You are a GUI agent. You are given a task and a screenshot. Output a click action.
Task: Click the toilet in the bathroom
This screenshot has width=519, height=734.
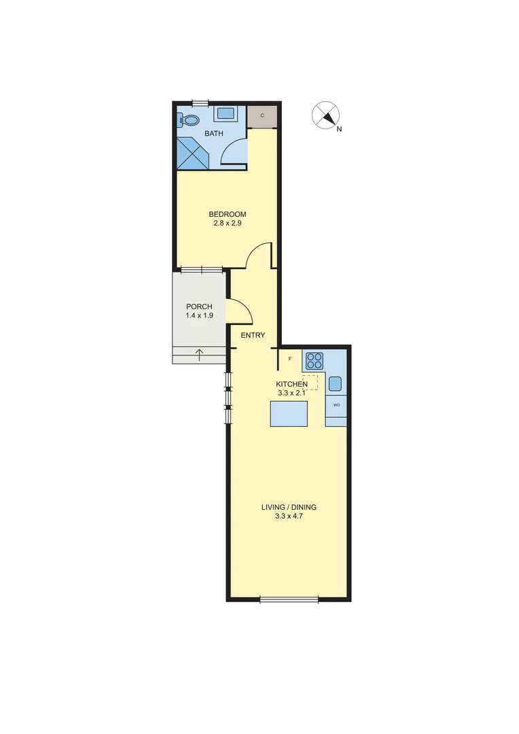189,120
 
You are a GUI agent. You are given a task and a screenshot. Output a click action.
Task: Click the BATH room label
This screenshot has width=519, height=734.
214,133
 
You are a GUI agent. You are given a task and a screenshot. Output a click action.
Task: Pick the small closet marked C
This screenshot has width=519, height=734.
262,116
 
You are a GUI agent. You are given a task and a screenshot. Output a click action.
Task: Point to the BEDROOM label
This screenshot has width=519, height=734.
227,214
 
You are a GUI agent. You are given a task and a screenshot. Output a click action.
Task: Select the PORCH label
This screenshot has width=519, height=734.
198,307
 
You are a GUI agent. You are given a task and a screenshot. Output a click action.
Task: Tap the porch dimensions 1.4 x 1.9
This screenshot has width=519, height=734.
198,316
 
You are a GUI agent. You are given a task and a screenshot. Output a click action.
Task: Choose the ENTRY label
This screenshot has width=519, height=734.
253,335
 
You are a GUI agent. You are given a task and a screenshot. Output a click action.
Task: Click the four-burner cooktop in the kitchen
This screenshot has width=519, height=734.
314,360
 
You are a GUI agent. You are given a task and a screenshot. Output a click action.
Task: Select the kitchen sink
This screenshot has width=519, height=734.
336,383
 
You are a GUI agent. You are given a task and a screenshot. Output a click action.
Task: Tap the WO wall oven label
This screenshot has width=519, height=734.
336,405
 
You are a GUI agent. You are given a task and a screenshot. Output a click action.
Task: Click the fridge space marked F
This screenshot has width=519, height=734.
290,358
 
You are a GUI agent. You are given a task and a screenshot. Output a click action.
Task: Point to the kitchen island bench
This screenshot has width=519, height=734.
289,413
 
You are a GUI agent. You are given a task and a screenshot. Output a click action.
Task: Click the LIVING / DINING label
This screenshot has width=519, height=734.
289,507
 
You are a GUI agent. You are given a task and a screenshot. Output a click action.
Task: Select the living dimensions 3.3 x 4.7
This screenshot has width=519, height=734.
289,517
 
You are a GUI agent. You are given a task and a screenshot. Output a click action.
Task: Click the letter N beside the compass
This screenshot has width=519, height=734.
339,129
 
